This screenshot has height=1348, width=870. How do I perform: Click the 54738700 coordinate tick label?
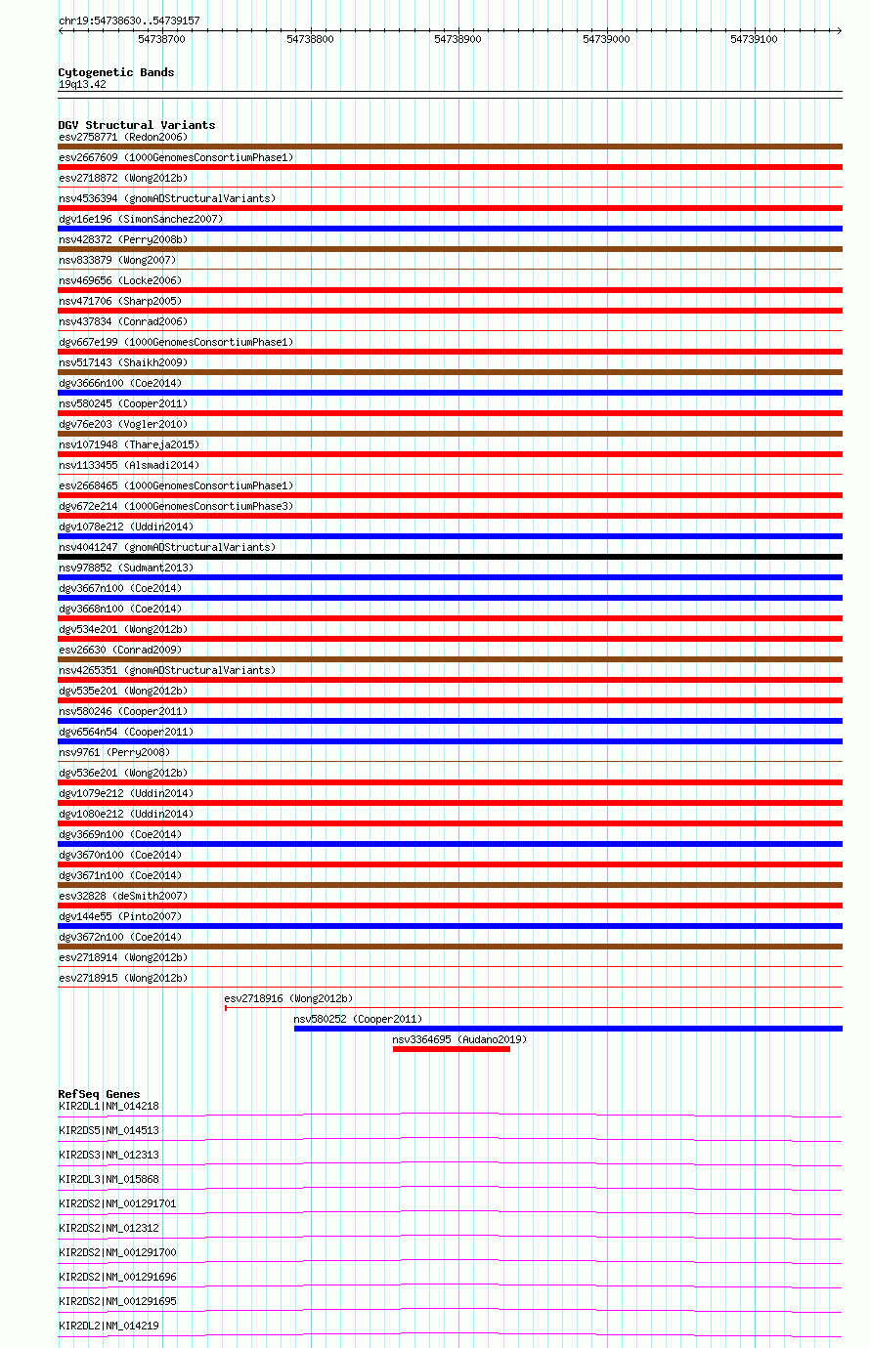point(161,39)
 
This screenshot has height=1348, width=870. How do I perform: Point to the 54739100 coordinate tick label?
point(754,39)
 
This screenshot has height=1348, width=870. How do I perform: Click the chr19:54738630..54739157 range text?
point(129,21)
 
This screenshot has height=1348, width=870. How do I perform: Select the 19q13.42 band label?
point(82,84)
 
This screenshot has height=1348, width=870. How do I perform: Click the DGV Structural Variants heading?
point(136,125)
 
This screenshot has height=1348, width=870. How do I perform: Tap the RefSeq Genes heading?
point(99,1094)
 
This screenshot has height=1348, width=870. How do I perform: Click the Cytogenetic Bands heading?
point(115,72)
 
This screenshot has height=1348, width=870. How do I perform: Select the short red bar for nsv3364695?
point(451,1049)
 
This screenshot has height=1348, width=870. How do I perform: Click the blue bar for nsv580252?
point(567,1029)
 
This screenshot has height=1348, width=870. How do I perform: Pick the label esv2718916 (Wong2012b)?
point(288,998)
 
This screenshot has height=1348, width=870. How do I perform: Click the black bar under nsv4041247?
point(450,557)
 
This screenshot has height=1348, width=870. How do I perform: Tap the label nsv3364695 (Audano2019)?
point(458,1039)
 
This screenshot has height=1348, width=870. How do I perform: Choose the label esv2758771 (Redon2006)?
point(122,137)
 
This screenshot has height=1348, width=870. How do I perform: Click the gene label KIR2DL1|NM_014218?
point(109,1106)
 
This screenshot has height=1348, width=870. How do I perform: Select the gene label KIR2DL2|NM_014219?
point(109,1326)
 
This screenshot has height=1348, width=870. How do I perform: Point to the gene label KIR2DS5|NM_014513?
point(109,1130)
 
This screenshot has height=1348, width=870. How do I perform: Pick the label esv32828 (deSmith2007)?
point(122,896)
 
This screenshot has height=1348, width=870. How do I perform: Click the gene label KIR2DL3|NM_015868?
point(109,1179)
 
